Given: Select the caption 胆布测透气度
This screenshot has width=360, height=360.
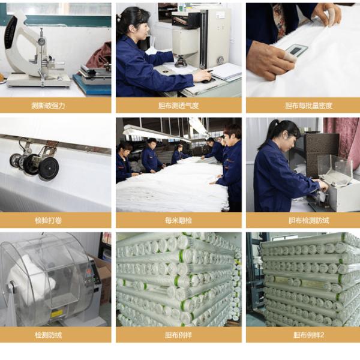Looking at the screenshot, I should pos(178,106).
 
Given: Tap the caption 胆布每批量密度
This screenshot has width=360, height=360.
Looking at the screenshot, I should pos(308,106).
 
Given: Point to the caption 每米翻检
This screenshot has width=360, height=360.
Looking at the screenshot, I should pos(178,220).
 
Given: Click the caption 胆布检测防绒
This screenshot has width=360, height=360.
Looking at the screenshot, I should pos(308,220).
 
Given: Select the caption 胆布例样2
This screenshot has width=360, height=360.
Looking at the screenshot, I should pos(308,335).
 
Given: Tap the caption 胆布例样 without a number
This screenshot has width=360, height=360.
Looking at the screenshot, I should pos(178,335).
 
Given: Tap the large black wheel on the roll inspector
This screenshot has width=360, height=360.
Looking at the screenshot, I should pos(48,167).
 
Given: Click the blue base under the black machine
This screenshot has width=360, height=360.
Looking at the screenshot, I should pos(93,84).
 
